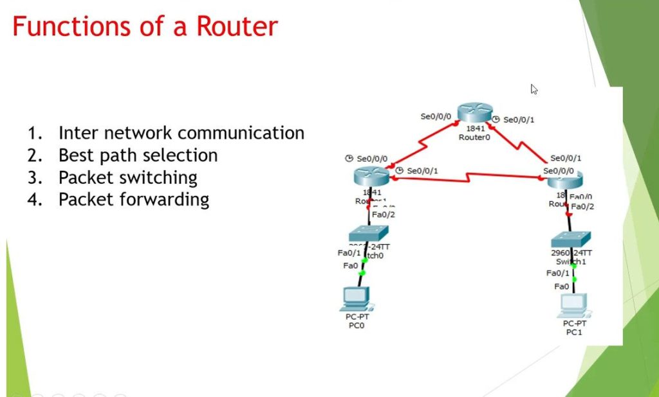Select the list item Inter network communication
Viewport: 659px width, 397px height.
click(181, 133)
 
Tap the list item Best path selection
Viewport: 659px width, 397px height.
click(138, 155)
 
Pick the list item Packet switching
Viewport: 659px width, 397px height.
click(127, 177)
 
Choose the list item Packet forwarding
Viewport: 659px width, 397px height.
click(133, 199)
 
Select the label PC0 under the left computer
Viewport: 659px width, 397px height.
click(357, 326)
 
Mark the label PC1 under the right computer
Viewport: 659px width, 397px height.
click(574, 332)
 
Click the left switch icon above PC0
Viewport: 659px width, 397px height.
click(369, 233)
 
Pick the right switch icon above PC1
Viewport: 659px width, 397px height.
click(570, 240)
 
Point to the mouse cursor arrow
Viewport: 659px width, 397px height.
click(534, 89)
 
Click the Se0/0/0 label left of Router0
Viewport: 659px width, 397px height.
click(436, 117)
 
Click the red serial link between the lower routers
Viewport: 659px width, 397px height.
click(470, 176)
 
